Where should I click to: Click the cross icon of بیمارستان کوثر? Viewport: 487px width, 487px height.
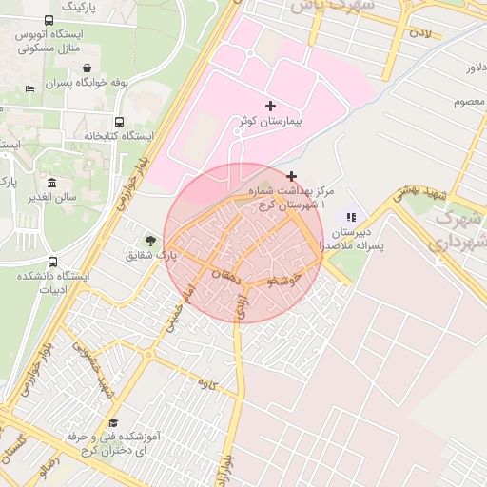(271, 105)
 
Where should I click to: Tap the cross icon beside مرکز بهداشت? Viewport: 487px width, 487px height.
(291, 176)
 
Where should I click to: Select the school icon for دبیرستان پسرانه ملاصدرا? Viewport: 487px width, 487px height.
(351, 218)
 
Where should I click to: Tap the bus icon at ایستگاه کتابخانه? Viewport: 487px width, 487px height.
(119, 122)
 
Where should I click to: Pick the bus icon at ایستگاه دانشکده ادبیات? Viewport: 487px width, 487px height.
(52, 262)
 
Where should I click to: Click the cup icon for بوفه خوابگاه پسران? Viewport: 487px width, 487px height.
(88, 68)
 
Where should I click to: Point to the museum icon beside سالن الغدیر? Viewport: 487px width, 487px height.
(51, 183)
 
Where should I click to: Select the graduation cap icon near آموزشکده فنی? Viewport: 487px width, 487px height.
(113, 421)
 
